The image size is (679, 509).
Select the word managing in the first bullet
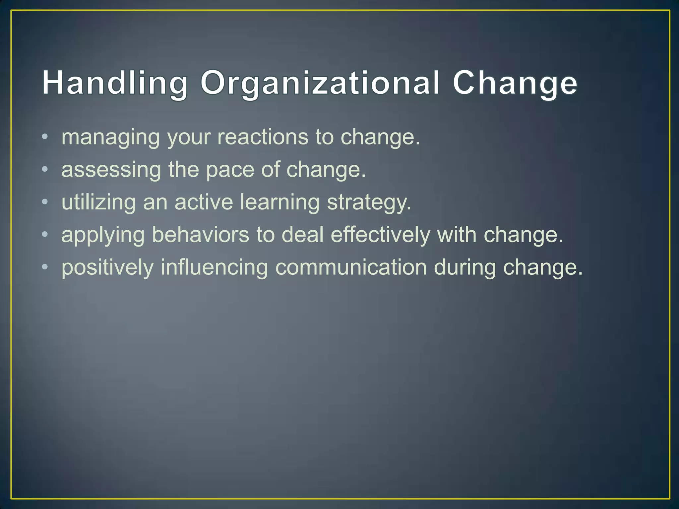point(110,137)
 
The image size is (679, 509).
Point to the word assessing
point(111,170)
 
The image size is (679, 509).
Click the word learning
point(279,202)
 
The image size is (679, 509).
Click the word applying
point(103,235)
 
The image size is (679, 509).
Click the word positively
point(107,267)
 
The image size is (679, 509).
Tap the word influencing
point(214,267)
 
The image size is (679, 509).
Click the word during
point(465,267)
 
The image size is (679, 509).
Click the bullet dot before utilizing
point(45,201)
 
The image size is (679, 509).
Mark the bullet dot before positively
point(45,266)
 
